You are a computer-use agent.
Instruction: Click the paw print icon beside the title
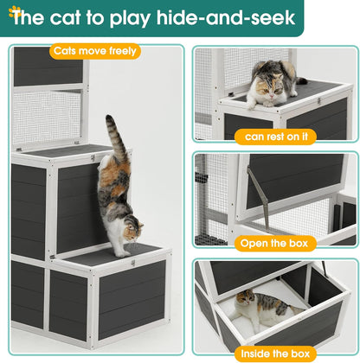click(x=10, y=8)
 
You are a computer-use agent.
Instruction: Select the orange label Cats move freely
click(x=95, y=51)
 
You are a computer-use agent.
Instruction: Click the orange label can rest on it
click(x=274, y=137)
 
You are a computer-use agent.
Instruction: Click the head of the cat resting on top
click(x=267, y=86)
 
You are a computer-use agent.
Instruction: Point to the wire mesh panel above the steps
click(x=48, y=117)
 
